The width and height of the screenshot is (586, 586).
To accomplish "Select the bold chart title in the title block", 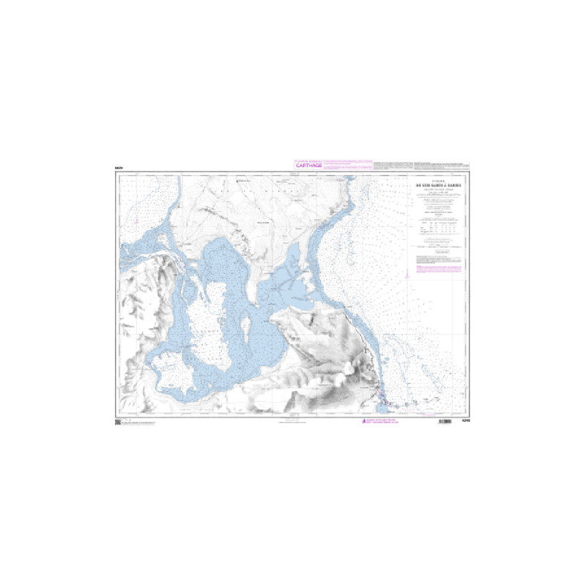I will coord(437,185).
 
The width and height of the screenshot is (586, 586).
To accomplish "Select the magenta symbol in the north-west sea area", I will coord(137,217).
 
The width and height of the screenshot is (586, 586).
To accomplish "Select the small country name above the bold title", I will coord(437,180).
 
